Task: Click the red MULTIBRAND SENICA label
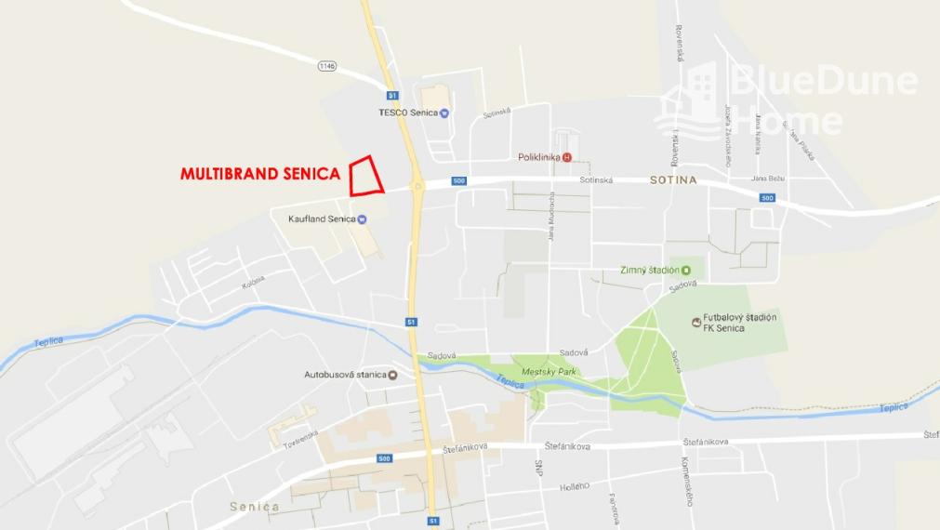pyautogui.click(x=259, y=174)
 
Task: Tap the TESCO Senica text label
pyautogui.click(x=407, y=113)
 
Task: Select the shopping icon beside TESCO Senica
pyautogui.click(x=444, y=113)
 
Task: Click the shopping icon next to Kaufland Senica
pyautogui.click(x=363, y=219)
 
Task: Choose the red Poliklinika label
pyautogui.click(x=538, y=157)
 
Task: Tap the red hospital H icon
pyautogui.click(x=567, y=157)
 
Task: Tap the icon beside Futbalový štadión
pyautogui.click(x=697, y=322)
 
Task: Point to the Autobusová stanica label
pyautogui.click(x=344, y=375)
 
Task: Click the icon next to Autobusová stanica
pyautogui.click(x=392, y=375)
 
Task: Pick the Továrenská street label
pyautogui.click(x=300, y=438)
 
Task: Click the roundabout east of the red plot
pyautogui.click(x=416, y=188)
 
